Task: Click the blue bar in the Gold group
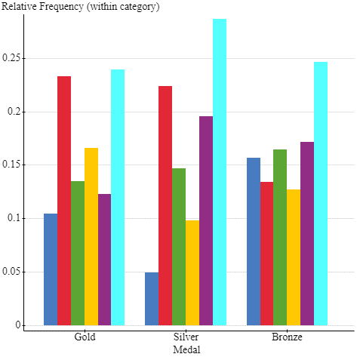[x=51, y=269]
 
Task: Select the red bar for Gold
[x=64, y=201]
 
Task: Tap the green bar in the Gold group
[x=78, y=253]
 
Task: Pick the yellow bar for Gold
[x=91, y=236]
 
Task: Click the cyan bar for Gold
[x=118, y=198]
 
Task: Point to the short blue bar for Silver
[x=152, y=299]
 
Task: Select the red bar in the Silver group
[x=165, y=205]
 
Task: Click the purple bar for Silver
[x=206, y=220]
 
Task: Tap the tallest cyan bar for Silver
[x=220, y=172]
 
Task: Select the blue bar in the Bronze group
[x=254, y=242]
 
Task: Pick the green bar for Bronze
[x=280, y=237]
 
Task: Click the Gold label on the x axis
[x=85, y=337]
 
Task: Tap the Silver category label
[x=186, y=337]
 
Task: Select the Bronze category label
[x=287, y=337]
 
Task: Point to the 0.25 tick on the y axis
[x=11, y=58]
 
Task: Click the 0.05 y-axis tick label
[x=11, y=272]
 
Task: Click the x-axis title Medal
[x=186, y=349]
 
